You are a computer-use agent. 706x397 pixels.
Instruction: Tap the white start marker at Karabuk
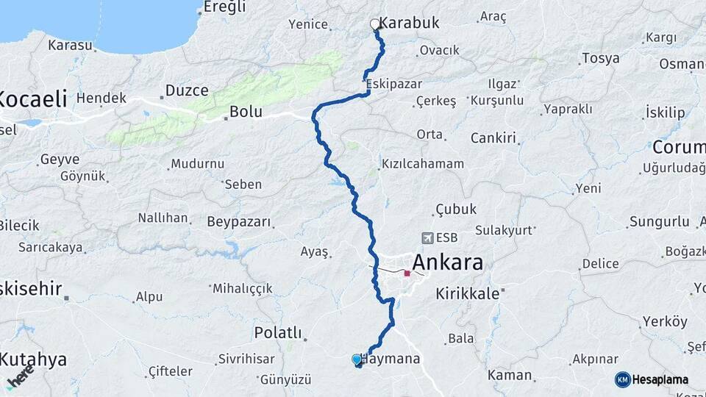[375, 24]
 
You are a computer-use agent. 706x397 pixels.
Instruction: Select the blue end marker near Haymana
[357, 360]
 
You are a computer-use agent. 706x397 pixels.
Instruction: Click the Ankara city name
[447, 262]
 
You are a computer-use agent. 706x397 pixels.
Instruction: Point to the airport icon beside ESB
[427, 237]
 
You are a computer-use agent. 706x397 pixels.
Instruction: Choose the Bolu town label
[246, 112]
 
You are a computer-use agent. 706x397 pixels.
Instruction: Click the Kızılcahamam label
[422, 163]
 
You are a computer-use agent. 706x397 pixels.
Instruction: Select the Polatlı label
[278, 333]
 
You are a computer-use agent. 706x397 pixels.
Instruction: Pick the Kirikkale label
[468, 293]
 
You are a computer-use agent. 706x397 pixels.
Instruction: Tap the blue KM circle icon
[622, 379]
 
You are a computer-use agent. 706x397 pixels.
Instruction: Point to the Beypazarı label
[239, 221]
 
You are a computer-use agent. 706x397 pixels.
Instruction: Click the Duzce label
[186, 90]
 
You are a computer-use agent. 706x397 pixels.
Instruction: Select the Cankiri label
[494, 137]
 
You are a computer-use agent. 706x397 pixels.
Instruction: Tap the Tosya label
[600, 58]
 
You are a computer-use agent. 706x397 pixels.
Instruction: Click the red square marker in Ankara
[407, 273]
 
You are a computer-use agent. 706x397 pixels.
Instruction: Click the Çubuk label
[456, 209]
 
